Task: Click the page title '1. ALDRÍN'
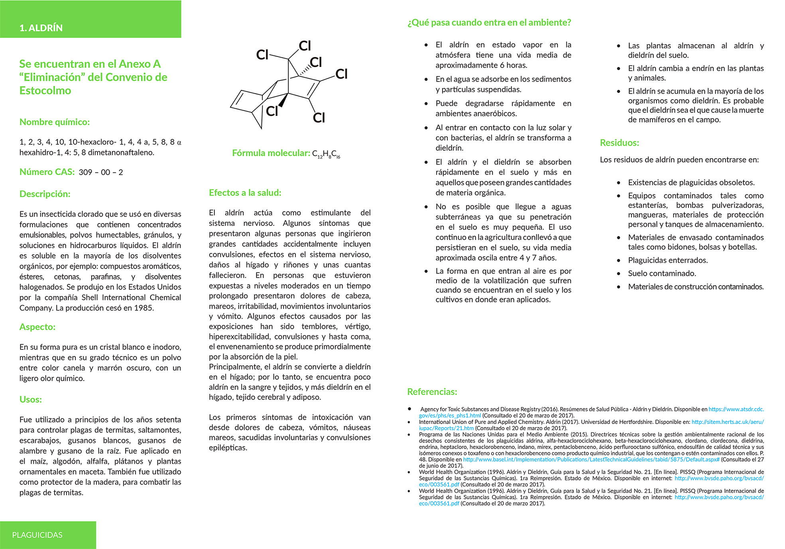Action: pyautogui.click(x=41, y=28)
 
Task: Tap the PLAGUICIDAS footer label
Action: pyautogui.click(x=37, y=535)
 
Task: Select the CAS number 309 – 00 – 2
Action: pyautogui.click(x=101, y=173)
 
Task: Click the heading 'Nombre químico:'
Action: pyautogui.click(x=55, y=122)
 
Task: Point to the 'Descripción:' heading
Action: pyautogui.click(x=45, y=194)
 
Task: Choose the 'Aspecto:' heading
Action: pyautogui.click(x=37, y=327)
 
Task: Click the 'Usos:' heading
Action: pyautogui.click(x=31, y=399)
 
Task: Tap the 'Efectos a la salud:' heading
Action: pyautogui.click(x=245, y=193)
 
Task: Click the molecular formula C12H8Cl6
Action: pyautogui.click(x=326, y=154)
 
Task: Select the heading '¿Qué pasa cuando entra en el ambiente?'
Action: pyautogui.click(x=489, y=23)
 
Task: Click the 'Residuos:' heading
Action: pyautogui.click(x=619, y=143)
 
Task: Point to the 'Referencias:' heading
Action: pyautogui.click(x=432, y=392)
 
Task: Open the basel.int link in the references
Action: pyautogui.click(x=591, y=459)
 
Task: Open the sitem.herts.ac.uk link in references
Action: pyautogui.click(x=727, y=422)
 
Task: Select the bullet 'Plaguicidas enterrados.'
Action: pyautogui.click(x=668, y=260)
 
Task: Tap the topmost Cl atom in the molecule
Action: pyautogui.click(x=305, y=46)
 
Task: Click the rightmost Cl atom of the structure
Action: pyautogui.click(x=341, y=74)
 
